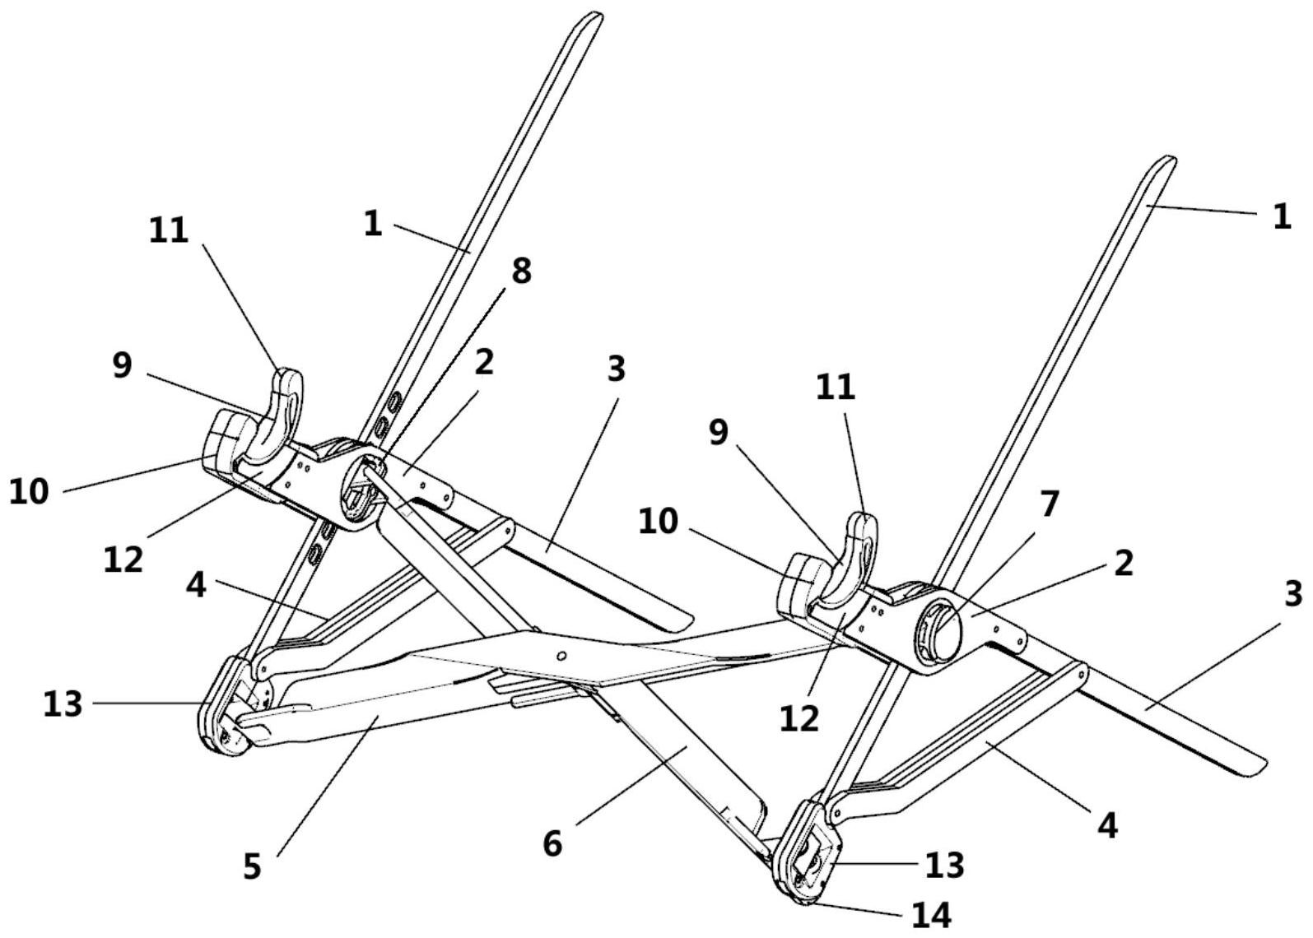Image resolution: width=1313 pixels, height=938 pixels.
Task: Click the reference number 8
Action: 521,271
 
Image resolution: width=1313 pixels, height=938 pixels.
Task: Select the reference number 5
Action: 252,866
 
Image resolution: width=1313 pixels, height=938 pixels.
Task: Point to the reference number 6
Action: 552,844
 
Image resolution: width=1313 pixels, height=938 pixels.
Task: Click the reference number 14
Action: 931,915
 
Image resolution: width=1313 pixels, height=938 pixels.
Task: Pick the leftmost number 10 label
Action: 29,491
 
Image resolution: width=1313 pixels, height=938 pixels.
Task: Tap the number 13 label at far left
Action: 63,703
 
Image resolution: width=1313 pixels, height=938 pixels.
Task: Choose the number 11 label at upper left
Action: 168,230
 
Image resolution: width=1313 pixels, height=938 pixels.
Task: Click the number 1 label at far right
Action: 1282,216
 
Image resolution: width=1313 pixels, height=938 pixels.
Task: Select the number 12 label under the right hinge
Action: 799,718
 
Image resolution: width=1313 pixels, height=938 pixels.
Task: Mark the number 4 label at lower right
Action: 1106,826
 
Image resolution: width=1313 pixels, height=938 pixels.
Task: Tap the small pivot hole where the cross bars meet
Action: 561,656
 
